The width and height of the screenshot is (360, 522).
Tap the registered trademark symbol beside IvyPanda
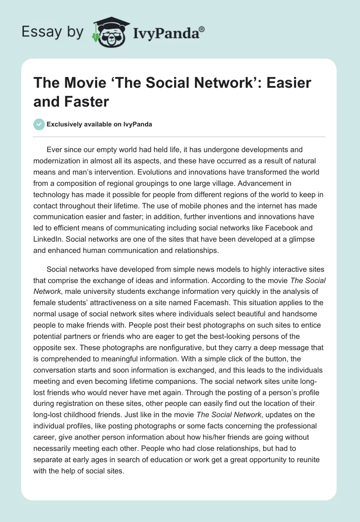click(202, 29)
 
